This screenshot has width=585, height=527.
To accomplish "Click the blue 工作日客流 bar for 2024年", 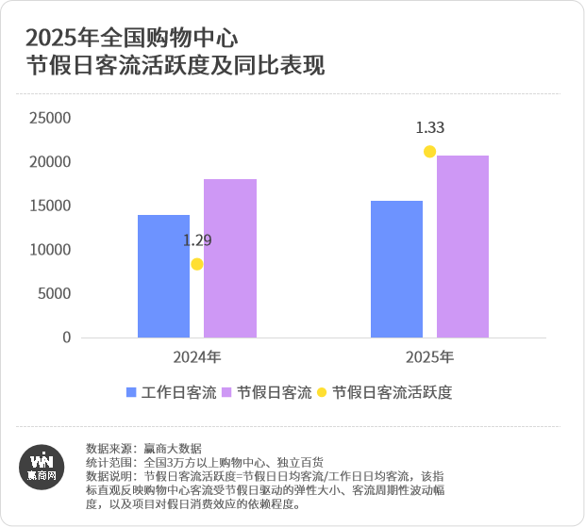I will (163, 276).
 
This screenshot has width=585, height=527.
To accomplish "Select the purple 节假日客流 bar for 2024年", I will (229, 258).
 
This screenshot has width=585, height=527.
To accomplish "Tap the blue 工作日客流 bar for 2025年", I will (396, 269).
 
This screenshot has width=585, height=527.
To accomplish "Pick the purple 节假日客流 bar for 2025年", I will (462, 246).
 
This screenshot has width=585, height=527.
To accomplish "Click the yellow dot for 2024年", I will (197, 264).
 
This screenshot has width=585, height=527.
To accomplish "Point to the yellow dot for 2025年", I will (430, 152).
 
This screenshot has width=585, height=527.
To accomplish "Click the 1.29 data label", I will (197, 240).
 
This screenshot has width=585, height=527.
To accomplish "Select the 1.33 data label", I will (430, 128).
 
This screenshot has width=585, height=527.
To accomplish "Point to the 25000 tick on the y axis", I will (50, 119).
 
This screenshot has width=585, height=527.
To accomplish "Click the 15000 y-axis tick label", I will (50, 206).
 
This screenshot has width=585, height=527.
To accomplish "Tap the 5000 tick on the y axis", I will (54, 294).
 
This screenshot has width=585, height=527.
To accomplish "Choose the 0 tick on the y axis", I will (67, 338).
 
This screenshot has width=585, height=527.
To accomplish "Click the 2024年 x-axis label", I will (196, 358).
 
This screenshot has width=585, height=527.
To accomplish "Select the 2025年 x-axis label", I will (429, 358).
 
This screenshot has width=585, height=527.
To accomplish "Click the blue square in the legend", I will (133, 392).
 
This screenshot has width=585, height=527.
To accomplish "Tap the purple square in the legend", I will (227, 392).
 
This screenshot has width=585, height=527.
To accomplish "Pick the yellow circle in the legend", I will (323, 392).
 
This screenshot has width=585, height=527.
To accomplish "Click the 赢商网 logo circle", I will (42, 466).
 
